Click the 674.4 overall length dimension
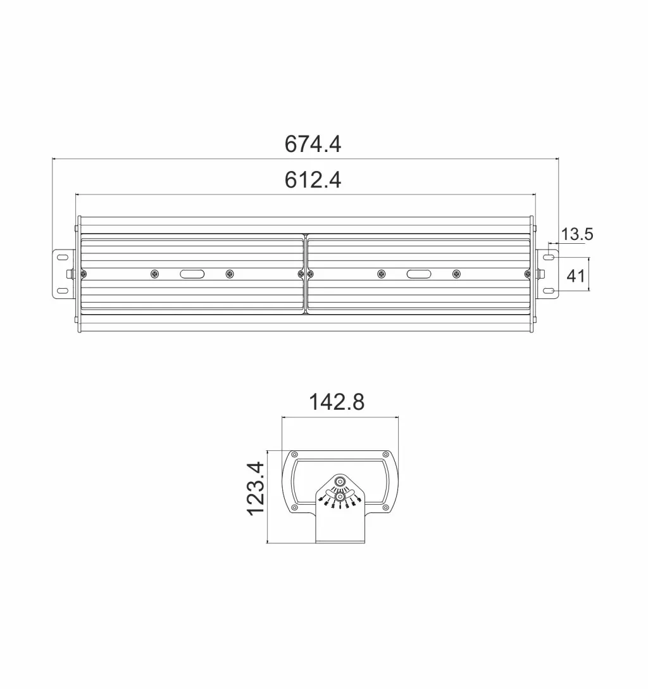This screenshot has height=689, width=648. (x=313, y=144)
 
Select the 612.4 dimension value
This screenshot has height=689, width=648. (x=313, y=180)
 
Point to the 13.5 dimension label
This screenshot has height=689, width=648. (x=577, y=234)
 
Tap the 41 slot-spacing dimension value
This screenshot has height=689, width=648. (x=576, y=276)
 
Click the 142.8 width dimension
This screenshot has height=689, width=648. (x=337, y=401)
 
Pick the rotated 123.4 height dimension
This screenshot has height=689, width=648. (x=255, y=488)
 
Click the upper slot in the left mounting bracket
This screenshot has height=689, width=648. (x=63, y=256)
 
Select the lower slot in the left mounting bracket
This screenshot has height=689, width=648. (x=63, y=291)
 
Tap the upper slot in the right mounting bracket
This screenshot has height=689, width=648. (x=551, y=256)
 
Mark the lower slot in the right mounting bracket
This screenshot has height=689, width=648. (x=551, y=291)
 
